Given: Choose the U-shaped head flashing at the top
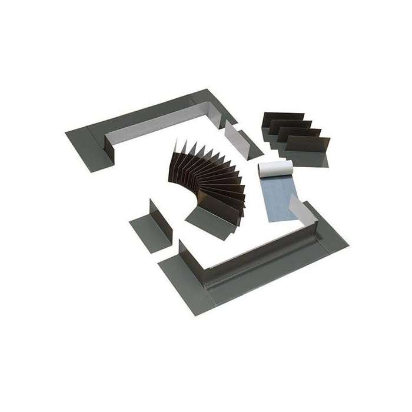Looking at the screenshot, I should pos(147,127).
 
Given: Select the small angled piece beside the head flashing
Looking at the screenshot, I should pos(241,140).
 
